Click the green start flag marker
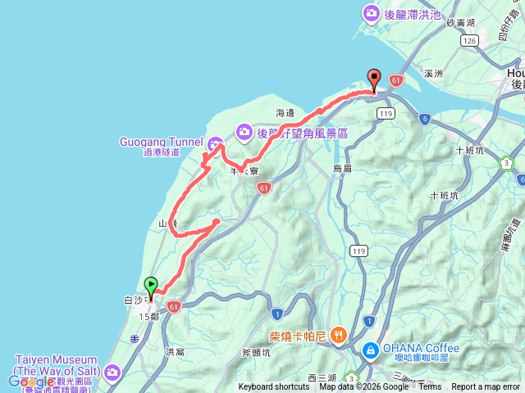click(x=152, y=286)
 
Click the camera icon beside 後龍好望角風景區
click(x=244, y=132)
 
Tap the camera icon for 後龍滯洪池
click(x=372, y=14)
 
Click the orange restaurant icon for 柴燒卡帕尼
click(x=339, y=336)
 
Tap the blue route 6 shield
click(x=424, y=120)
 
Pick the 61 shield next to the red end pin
click(x=396, y=80)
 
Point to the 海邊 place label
click(x=285, y=112)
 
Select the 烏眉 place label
click(x=342, y=168)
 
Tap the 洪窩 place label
click(x=175, y=352)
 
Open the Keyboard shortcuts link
click(x=275, y=387)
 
